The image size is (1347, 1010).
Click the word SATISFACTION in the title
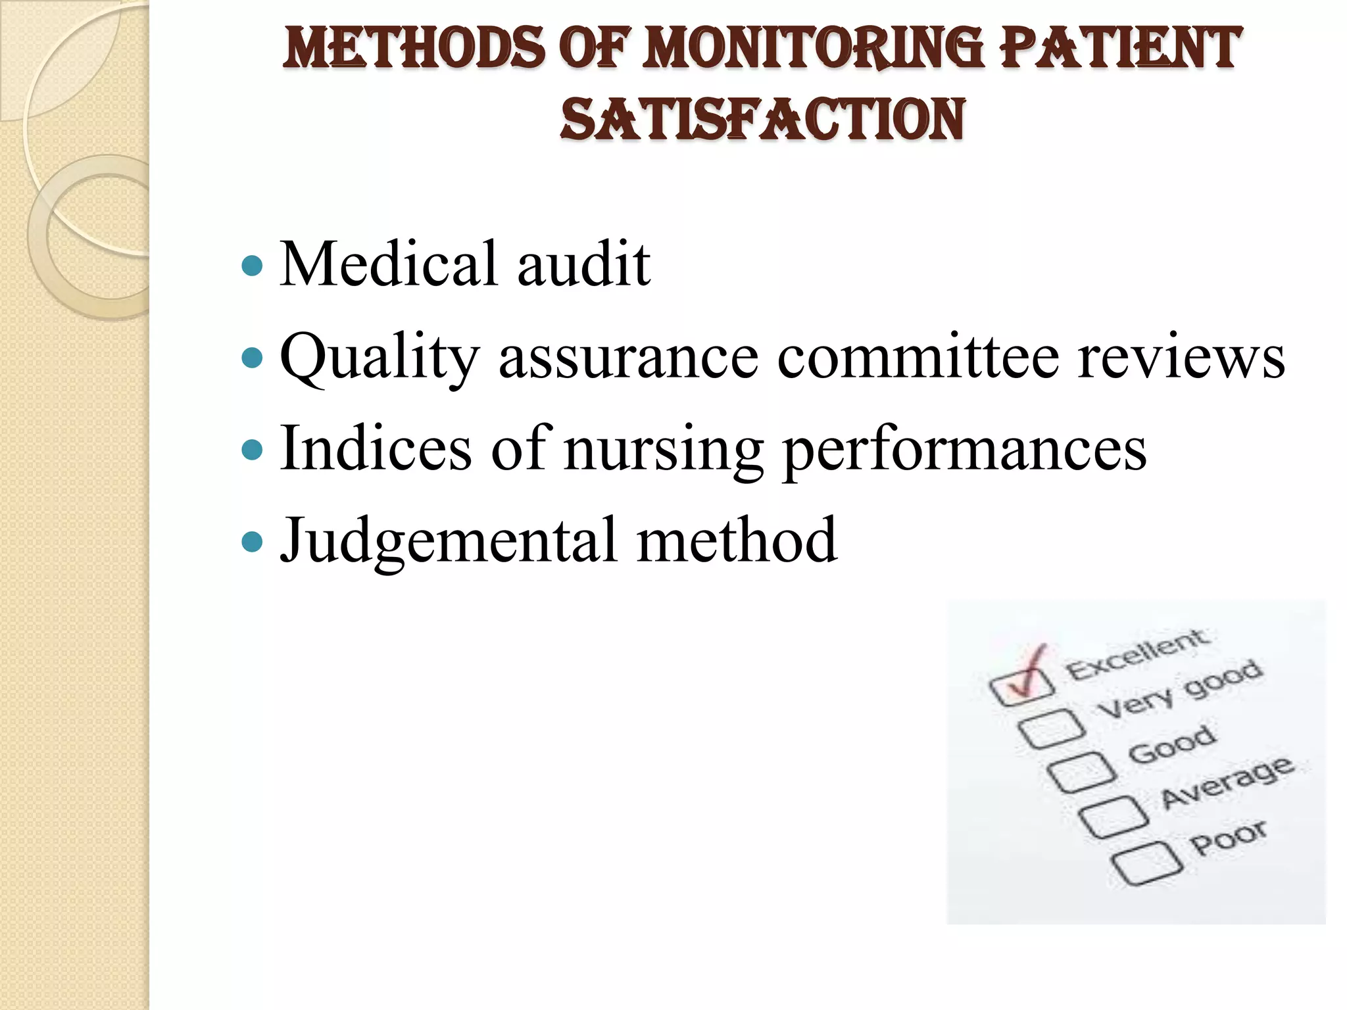coord(762,120)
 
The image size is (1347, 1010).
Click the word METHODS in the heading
coord(414,49)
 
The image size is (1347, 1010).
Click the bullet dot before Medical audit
coord(253,266)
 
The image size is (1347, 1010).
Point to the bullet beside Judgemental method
coord(253,542)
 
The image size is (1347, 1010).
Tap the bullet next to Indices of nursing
coord(253,450)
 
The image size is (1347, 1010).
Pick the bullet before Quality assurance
coord(253,358)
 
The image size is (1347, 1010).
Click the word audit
coord(583,264)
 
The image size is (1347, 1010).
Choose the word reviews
coord(1181,356)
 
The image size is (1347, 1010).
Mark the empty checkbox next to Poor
coord(1146,863)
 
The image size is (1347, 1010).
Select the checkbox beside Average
coord(1114,817)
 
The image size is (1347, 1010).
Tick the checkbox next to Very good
coord(1051,729)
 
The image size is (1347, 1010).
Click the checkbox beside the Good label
coord(1081,773)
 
